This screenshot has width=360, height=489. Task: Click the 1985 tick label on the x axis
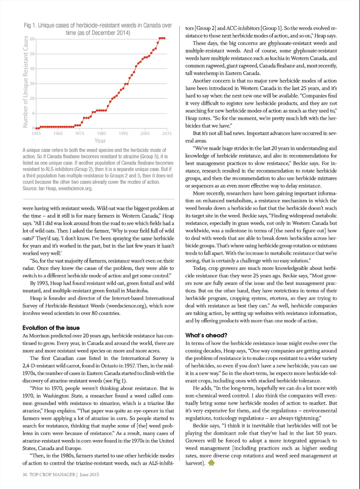click(x=102, y=133)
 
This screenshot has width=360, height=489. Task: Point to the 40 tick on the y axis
click(x=32, y=69)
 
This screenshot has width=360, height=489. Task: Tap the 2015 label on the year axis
click(x=167, y=133)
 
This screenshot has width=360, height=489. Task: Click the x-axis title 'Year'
click(x=100, y=141)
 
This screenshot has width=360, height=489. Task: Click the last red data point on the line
click(x=164, y=38)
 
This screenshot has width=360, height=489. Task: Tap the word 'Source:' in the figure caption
click(x=30, y=189)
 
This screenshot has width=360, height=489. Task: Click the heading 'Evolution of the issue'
click(x=51, y=328)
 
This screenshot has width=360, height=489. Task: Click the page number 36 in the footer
click(x=25, y=475)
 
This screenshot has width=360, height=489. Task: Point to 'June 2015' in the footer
click(x=89, y=475)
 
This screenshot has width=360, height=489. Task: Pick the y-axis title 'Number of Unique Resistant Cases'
click(x=25, y=82)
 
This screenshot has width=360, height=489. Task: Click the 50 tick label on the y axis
click(x=32, y=54)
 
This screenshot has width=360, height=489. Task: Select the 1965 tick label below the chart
click(x=58, y=133)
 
